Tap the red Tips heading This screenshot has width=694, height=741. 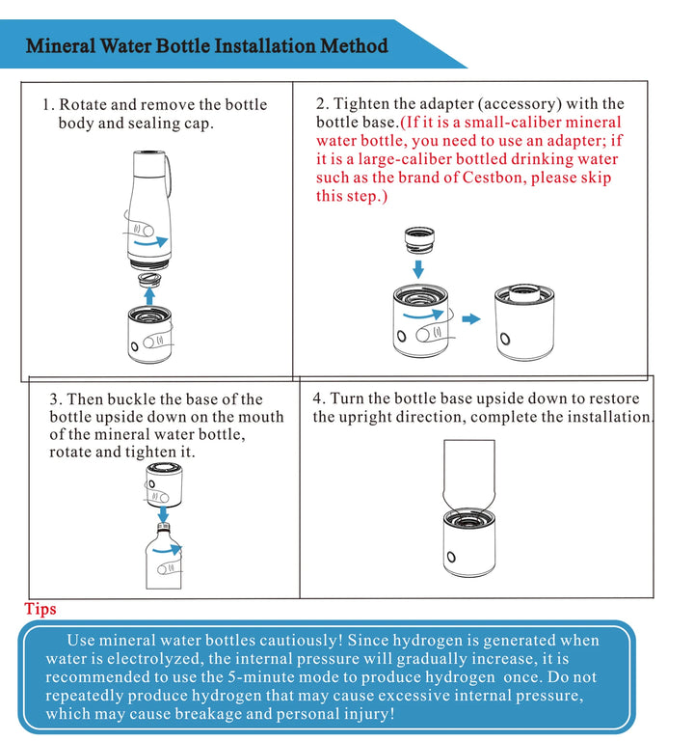click(x=40, y=609)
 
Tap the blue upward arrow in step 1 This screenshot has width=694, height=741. click(x=149, y=292)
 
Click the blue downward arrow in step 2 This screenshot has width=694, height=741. click(x=417, y=267)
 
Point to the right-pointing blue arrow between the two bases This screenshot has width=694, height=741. click(x=470, y=317)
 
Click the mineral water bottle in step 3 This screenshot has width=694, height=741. click(x=164, y=560)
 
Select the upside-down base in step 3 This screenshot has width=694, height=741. click(x=165, y=485)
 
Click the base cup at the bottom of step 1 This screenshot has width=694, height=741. click(x=149, y=335)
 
